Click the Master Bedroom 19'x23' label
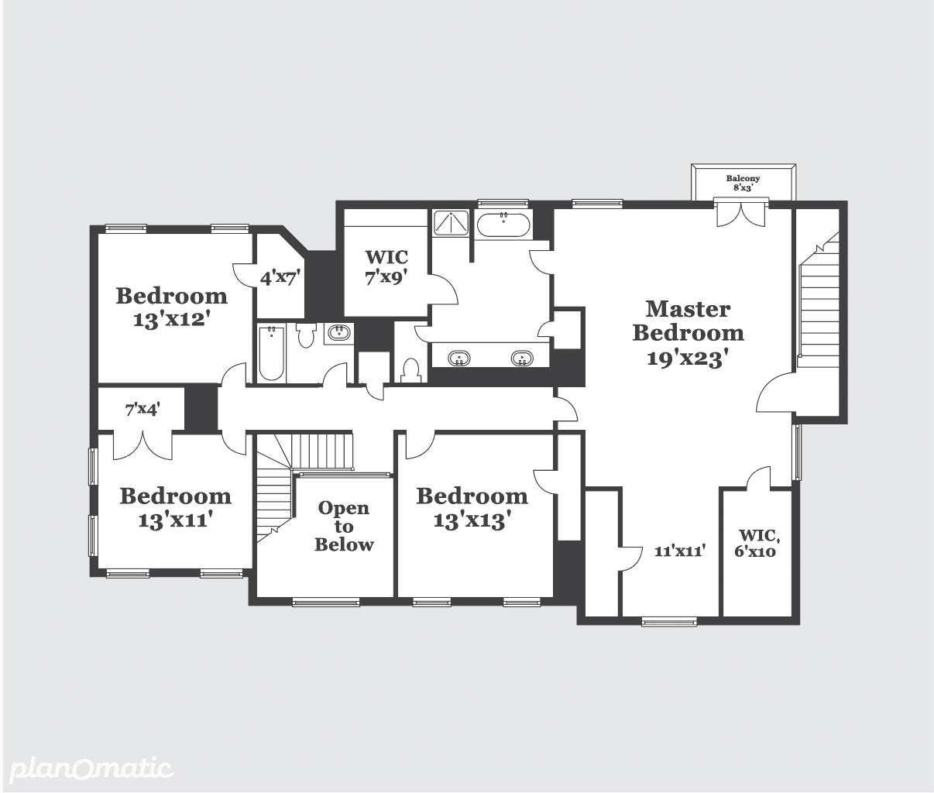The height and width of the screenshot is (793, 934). click(688, 334)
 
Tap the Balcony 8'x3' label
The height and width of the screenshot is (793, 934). click(743, 183)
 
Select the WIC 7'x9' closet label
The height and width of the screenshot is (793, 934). click(386, 267)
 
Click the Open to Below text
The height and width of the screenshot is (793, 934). click(344, 527)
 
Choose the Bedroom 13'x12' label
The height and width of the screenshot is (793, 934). click(172, 307)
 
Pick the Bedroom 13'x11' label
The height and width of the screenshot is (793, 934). click(175, 508)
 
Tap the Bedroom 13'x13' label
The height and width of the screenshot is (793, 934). click(472, 508)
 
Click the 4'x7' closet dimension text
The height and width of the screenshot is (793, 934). click(280, 278)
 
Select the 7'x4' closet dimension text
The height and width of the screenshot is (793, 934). click(142, 410)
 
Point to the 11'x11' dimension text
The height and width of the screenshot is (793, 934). click(680, 551)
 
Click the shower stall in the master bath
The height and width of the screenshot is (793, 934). click(452, 223)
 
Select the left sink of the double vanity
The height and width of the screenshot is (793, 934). click(459, 359)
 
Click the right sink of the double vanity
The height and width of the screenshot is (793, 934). click(522, 359)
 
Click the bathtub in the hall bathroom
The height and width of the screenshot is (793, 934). click(271, 353)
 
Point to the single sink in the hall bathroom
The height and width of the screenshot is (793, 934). click(339, 333)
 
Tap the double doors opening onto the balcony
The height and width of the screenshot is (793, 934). click(741, 212)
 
